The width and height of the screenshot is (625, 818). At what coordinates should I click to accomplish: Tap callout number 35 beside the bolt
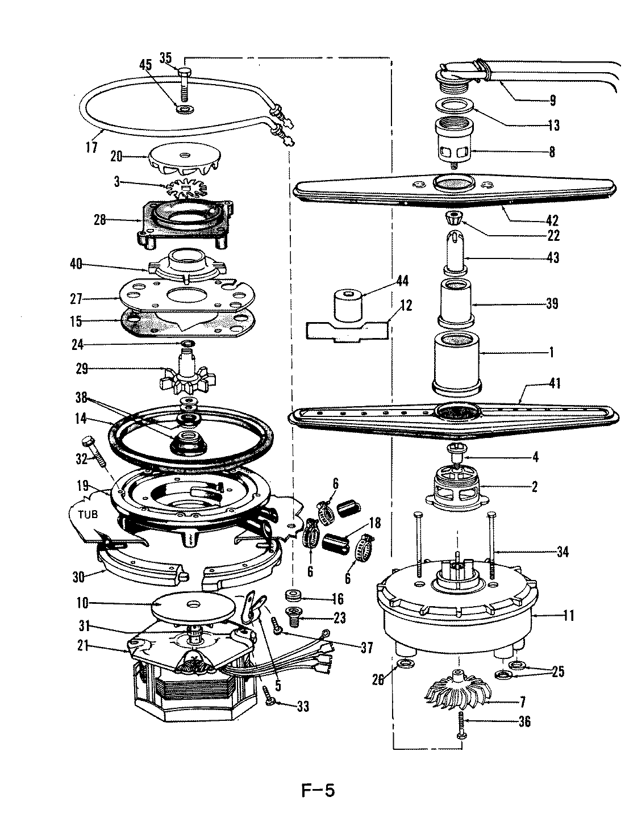pos(165,57)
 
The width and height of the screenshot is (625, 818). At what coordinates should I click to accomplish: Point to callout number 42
pos(552,220)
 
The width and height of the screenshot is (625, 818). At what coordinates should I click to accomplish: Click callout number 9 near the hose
pos(551,101)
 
